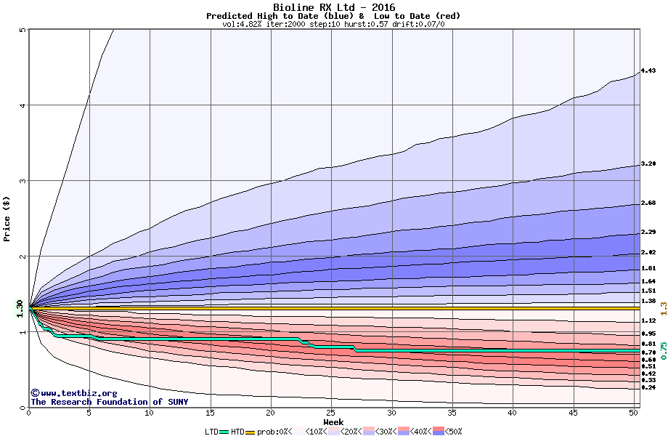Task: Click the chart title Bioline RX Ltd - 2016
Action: [333, 7]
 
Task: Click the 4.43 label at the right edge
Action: [648, 70]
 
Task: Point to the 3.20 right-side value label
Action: [648, 164]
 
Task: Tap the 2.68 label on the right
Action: [648, 203]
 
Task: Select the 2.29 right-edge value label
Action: [648, 233]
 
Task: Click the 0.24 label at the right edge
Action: [648, 388]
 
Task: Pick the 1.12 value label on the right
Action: [648, 320]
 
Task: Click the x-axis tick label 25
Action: [331, 413]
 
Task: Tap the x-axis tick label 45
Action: [573, 413]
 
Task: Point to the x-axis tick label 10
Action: [150, 413]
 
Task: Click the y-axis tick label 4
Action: [23, 105]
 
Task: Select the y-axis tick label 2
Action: [23, 257]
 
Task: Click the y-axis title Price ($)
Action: [7, 218]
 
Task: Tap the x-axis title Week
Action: [333, 422]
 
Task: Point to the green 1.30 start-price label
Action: [20, 308]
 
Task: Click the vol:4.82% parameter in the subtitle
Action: [245, 24]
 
